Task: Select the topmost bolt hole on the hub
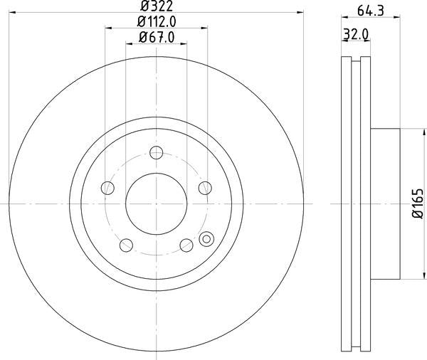157,152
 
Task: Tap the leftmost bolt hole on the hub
108,188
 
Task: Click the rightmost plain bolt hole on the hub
205,188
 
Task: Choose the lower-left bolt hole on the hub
127,245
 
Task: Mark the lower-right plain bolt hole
186,245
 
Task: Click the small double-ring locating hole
207,239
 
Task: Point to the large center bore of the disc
157,203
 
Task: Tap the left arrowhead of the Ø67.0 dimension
129,43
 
